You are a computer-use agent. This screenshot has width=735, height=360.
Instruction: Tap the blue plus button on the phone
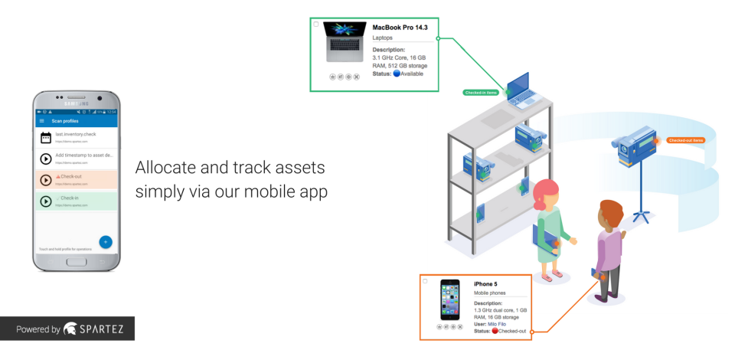point(106,242)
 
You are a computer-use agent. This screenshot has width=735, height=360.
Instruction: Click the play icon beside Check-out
point(45,180)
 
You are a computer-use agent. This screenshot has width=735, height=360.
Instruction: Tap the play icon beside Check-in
point(45,201)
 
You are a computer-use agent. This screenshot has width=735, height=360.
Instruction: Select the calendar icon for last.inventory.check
point(45,138)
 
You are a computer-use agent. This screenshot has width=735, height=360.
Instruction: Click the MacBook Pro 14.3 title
point(399,28)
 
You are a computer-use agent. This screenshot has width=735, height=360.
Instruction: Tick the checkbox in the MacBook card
point(316,24)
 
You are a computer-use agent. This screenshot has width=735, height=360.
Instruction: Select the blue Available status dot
point(396,74)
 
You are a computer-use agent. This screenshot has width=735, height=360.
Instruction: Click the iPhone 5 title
point(485,284)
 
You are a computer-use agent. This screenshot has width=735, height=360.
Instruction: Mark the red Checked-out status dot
point(494,331)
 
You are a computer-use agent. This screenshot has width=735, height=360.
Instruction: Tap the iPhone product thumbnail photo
point(449,299)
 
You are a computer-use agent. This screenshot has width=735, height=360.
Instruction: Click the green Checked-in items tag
point(481,92)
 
